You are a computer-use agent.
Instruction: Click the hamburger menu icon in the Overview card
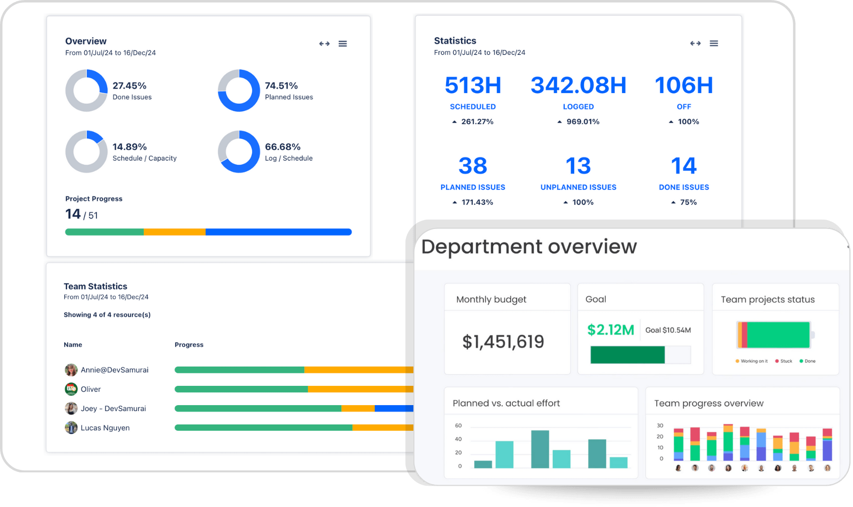[343, 44]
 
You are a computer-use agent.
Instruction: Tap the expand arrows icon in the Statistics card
[695, 44]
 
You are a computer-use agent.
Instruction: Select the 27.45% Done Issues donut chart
[87, 91]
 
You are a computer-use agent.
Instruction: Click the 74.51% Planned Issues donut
[239, 91]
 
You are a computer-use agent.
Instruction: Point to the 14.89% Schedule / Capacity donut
[87, 151]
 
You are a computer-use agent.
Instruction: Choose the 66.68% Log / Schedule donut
[239, 151]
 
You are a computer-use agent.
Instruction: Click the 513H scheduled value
[473, 85]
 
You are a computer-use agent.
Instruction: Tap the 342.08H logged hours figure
[578, 85]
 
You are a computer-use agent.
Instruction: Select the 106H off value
[684, 85]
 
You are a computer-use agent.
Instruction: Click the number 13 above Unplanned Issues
[578, 166]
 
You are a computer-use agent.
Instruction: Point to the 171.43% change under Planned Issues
[477, 202]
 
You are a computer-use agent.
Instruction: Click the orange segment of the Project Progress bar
[175, 232]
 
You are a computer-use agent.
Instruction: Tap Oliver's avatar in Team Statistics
[71, 389]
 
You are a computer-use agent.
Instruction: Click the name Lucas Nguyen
[105, 428]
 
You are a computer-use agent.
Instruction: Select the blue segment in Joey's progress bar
[394, 409]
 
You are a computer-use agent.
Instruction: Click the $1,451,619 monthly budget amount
[503, 342]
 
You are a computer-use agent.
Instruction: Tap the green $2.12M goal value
[610, 330]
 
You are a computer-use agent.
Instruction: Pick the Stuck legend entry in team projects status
[784, 361]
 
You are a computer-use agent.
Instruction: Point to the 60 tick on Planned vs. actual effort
[458, 425]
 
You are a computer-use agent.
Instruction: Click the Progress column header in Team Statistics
[189, 345]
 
